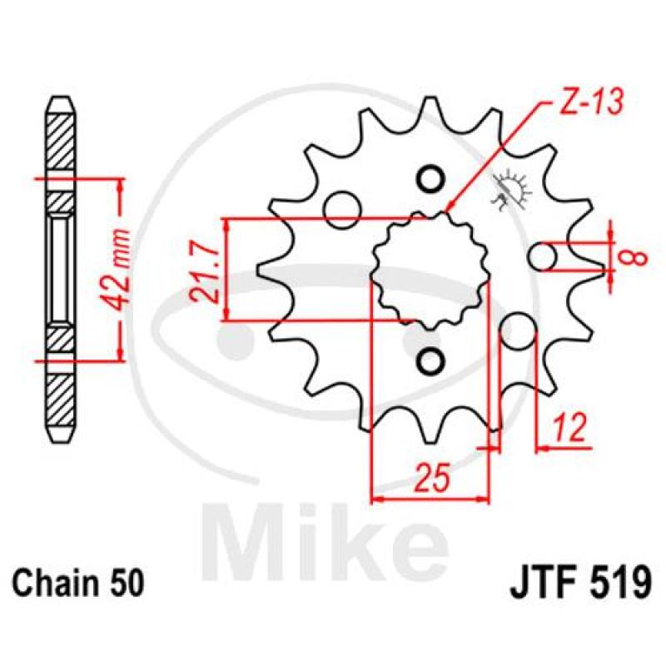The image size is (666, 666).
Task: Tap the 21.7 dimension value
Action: pos(206,270)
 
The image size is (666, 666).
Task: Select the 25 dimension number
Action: pos(432,477)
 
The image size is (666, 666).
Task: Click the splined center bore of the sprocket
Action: pos(430,271)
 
